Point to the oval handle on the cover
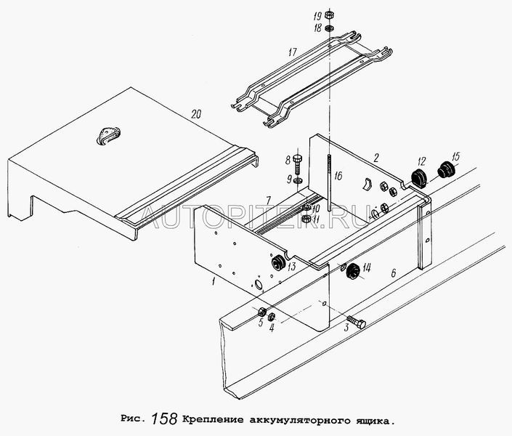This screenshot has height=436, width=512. pyautogui.click(x=110, y=134)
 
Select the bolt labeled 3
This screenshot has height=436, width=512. pyautogui.click(x=355, y=320)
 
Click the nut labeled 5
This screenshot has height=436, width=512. pyautogui.click(x=262, y=312)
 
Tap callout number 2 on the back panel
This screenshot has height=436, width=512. pyautogui.click(x=376, y=156)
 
